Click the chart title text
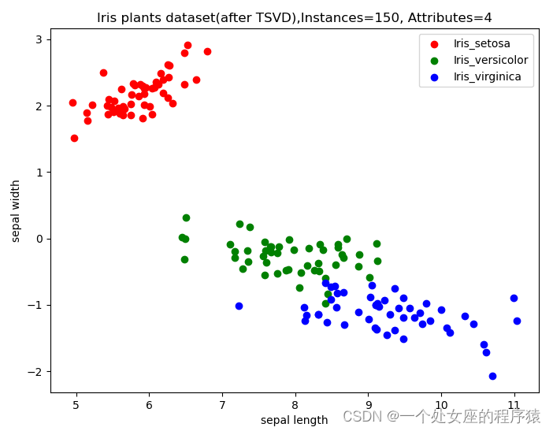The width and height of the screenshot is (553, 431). [295, 17]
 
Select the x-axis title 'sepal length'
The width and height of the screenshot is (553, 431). [294, 420]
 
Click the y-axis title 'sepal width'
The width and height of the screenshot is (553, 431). [16, 210]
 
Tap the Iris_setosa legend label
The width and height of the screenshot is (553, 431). [481, 43]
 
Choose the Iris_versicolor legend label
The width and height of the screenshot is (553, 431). [490, 60]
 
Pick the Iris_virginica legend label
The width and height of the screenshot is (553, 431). [488, 76]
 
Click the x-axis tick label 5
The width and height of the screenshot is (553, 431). [76, 406]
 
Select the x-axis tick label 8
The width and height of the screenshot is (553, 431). [295, 406]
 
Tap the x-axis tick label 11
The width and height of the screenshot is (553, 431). [514, 406]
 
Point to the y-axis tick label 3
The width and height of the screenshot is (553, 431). [39, 39]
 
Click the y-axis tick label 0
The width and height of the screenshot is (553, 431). [39, 239]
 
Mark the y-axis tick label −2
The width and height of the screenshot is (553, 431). [35, 371]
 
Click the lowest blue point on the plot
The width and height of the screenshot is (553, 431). [492, 376]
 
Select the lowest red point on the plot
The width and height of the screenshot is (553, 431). [74, 138]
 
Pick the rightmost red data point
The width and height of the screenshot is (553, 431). [207, 51]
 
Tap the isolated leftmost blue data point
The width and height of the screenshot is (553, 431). [239, 306]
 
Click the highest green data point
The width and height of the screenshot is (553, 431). [186, 217]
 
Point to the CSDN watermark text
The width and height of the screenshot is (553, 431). [441, 415]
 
